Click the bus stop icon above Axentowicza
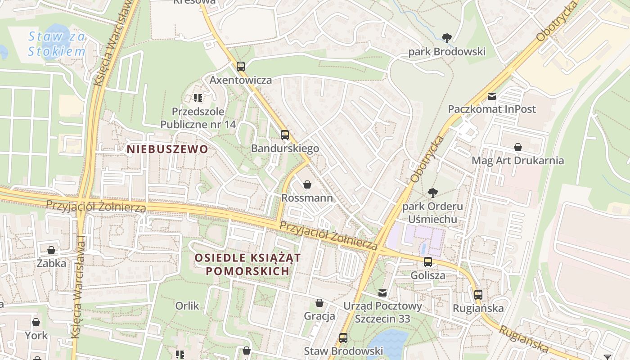point(241,67)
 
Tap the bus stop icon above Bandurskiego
point(284,135)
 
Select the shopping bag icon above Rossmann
point(307,184)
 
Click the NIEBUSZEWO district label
point(167,149)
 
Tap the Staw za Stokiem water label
point(56,44)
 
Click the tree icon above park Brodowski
point(446,38)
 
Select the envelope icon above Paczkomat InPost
point(492,96)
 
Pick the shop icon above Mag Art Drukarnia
point(518,147)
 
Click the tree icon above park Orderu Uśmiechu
point(433,193)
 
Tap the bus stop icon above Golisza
point(428,261)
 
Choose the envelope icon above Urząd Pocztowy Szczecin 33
point(382,293)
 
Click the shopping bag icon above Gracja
point(319,303)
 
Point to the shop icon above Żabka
point(51,250)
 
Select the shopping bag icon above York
point(36,322)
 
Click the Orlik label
point(187,306)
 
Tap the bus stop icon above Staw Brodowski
point(343,337)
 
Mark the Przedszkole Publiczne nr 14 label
point(198,117)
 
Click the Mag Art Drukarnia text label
point(517,161)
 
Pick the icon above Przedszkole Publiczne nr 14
point(198,98)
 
